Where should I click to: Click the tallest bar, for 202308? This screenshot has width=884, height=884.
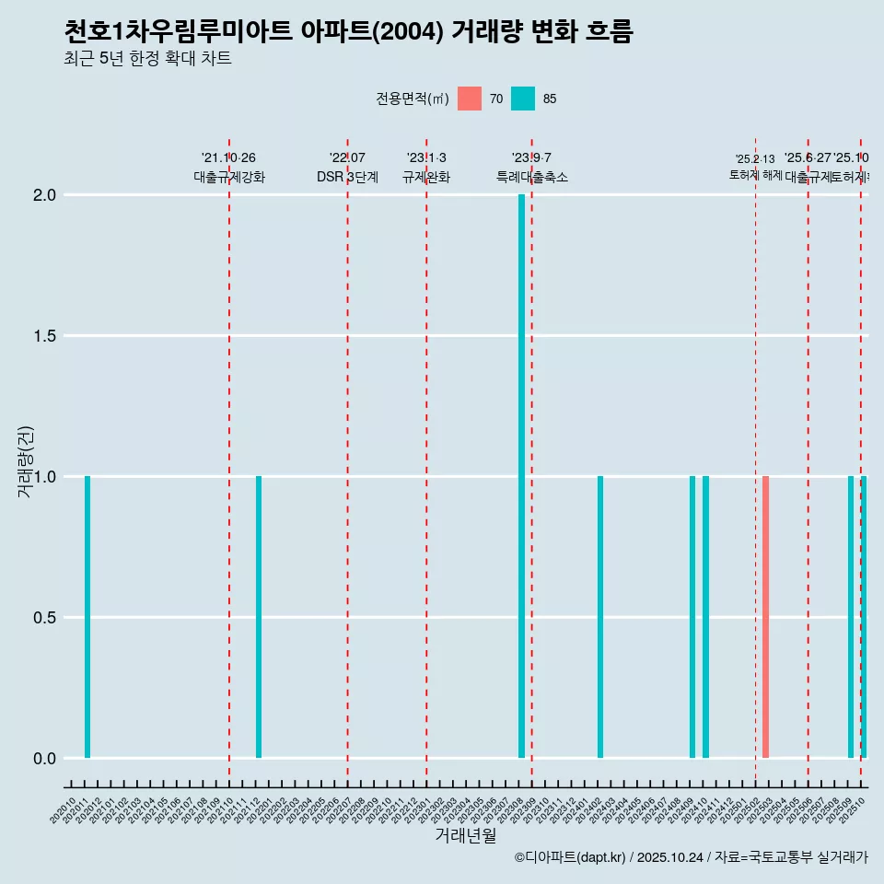[521, 476]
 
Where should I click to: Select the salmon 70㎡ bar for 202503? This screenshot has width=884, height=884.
[765, 617]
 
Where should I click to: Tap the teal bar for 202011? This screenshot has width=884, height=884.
[87, 617]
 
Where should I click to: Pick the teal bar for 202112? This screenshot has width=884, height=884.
[259, 617]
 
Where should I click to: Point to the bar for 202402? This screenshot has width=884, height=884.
[600, 617]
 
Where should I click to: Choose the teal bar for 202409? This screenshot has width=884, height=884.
[692, 617]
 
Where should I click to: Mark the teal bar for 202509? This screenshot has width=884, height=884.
[851, 617]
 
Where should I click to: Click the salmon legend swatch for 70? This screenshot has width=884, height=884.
[470, 99]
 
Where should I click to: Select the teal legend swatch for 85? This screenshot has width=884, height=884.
[523, 99]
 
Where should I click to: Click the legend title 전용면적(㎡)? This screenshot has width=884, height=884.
[412, 99]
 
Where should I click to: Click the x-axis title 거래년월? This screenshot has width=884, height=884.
[465, 835]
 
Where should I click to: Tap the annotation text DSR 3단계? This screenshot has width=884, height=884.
[347, 178]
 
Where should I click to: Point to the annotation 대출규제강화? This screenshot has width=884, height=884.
[229, 178]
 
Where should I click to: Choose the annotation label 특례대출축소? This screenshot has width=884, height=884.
[532, 178]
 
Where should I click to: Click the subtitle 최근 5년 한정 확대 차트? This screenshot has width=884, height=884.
[147, 59]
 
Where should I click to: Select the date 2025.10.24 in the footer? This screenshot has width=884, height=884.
[669, 857]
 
